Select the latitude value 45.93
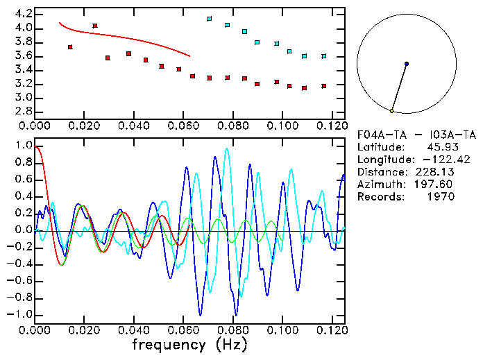(x=437, y=147)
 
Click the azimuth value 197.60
(x=436, y=185)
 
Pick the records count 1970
(x=440, y=197)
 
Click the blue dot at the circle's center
(x=406, y=64)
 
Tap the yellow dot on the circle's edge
(x=391, y=111)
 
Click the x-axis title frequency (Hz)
(x=190, y=344)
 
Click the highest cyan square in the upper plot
(x=209, y=19)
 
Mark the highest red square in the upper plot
(x=95, y=26)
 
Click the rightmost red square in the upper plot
(x=323, y=86)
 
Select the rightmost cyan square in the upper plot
(x=323, y=56)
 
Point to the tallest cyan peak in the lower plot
(x=226, y=149)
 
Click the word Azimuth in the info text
(x=378, y=185)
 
